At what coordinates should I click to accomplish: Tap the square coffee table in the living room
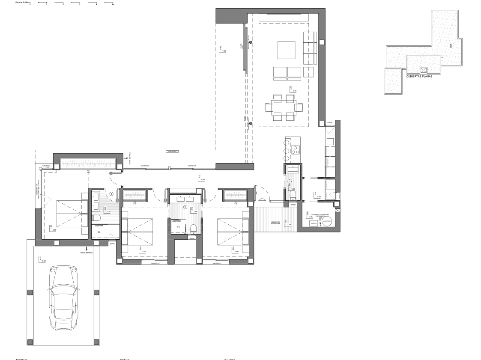click(x=287, y=50)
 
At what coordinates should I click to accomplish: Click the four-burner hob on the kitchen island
click(x=296, y=150)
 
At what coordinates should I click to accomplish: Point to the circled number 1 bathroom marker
click(x=112, y=194)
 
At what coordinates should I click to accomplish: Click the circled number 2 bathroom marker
click(x=185, y=207)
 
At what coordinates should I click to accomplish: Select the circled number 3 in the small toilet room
click(x=290, y=181)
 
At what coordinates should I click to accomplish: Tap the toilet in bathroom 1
click(x=97, y=217)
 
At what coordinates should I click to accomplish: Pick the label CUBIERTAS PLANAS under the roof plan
click(x=419, y=76)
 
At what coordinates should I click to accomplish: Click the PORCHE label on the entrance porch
click(x=275, y=223)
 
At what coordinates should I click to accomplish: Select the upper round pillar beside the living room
click(x=251, y=42)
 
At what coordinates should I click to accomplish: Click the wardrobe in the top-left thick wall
click(x=88, y=163)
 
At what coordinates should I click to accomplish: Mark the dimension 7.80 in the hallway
click(x=203, y=180)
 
